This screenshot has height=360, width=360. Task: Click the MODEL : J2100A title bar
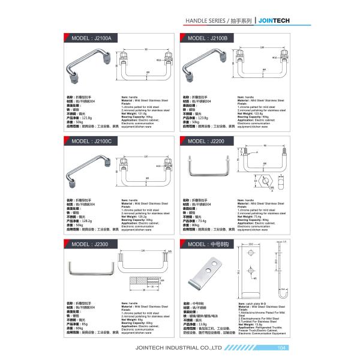click(x=90, y=38)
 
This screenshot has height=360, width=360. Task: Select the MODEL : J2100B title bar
click(x=208, y=38)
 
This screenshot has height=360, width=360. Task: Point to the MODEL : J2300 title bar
click(x=90, y=244)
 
